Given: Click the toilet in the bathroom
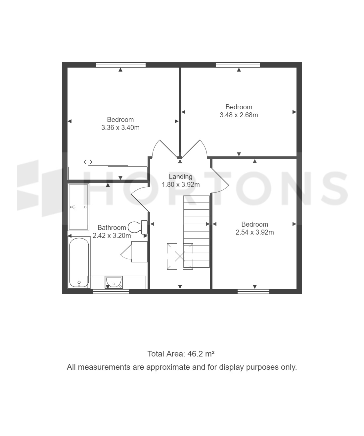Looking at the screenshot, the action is (138, 227).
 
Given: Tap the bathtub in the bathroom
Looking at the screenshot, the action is (79, 262).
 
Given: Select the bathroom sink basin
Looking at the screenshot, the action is (114, 282).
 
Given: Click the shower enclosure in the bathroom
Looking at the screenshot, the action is (78, 207).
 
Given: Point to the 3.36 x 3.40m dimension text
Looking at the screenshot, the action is (120, 128).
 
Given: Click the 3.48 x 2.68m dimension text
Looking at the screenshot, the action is (239, 115).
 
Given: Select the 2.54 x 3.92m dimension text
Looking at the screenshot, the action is (255, 232).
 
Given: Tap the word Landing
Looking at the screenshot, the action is (181, 177).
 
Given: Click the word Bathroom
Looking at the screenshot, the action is (112, 228).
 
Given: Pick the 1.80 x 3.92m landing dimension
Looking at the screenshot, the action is (181, 185).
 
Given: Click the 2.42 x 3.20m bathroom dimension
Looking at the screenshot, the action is (112, 236).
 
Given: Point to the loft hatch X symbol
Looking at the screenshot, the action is (180, 256).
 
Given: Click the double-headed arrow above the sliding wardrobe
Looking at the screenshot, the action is (88, 162).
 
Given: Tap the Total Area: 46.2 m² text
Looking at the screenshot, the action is (181, 354).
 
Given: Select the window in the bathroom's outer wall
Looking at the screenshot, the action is (111, 292).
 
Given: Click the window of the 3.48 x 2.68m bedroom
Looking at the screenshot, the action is (238, 65).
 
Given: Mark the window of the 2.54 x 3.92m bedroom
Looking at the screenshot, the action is (253, 292).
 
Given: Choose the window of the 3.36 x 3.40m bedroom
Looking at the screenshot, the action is (120, 65).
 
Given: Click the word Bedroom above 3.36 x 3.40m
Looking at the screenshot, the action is (120, 120).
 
